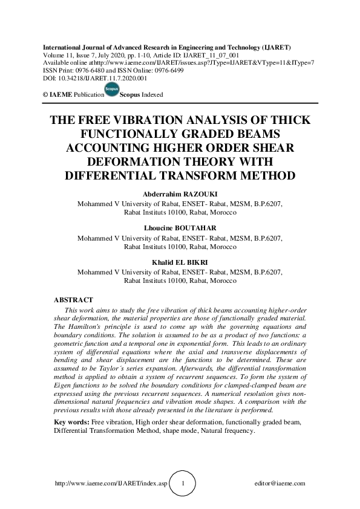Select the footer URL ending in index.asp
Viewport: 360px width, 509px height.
(x=110, y=484)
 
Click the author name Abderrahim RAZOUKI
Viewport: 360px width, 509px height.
(x=180, y=195)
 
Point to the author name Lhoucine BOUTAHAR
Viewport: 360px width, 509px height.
(x=180, y=228)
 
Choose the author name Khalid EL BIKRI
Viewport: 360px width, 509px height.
(x=180, y=262)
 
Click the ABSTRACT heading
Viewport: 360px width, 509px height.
(x=73, y=300)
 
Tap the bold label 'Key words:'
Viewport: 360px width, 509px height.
(x=70, y=421)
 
